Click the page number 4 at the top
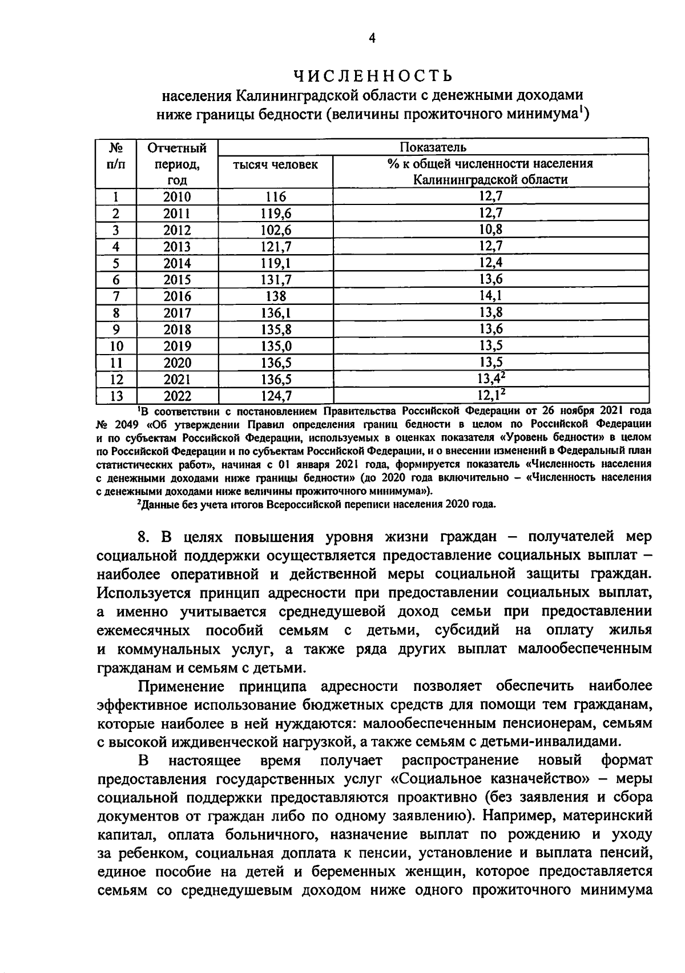click(x=372, y=38)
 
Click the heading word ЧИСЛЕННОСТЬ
click(x=373, y=75)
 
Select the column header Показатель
click(x=433, y=147)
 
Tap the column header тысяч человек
click(x=276, y=164)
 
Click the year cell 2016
click(x=177, y=296)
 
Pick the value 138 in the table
click(x=276, y=296)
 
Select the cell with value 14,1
click(x=490, y=296)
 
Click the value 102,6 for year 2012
click(x=276, y=230)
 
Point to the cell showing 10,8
click(x=490, y=230)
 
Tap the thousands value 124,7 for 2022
click(x=276, y=396)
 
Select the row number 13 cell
click(x=115, y=396)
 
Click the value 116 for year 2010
click(x=276, y=197)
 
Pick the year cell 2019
click(x=177, y=346)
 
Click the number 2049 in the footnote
click(x=120, y=424)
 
